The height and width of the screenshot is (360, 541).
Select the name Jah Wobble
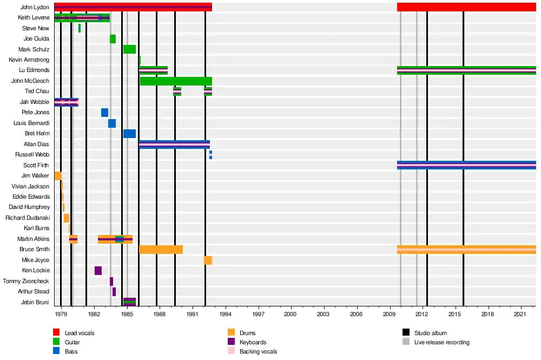tap(36, 102)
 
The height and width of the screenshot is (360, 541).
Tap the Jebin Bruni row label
tap(35, 302)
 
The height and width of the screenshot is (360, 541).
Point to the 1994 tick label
tap(225, 314)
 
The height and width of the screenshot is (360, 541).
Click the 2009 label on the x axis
tap(389, 314)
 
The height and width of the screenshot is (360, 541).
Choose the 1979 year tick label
tap(61, 314)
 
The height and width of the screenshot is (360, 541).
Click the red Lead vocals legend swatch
tap(56, 332)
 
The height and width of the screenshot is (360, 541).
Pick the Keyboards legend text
tap(253, 342)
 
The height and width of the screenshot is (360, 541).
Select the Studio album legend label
tap(431, 333)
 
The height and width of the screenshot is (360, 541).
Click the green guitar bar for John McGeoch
tap(176, 81)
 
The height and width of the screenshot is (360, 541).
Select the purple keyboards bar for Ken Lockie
tap(98, 271)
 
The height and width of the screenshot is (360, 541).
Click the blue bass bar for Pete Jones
tap(104, 113)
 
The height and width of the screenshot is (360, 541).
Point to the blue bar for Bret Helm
tap(129, 134)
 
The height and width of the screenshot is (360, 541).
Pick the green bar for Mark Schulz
tap(129, 49)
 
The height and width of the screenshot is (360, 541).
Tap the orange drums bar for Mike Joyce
tap(208, 260)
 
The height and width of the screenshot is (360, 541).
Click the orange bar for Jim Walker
tap(58, 176)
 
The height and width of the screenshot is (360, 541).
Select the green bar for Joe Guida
tap(113, 39)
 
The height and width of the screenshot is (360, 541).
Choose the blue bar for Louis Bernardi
tap(112, 123)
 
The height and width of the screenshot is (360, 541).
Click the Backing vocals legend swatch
tap(231, 351)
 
